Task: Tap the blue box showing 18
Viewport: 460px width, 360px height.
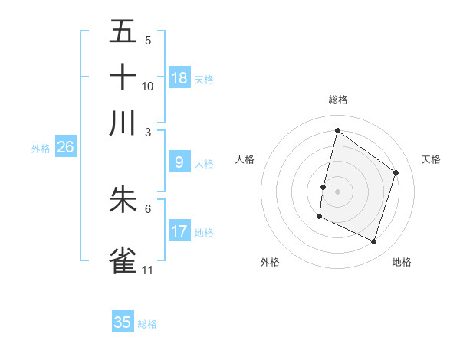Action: [179, 78]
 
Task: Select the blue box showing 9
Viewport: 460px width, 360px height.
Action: [179, 162]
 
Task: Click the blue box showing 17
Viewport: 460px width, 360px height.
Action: [179, 231]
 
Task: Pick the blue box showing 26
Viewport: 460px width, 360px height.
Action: [65, 148]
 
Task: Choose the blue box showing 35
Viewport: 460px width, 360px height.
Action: [123, 322]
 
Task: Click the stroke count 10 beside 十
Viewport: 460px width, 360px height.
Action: [148, 86]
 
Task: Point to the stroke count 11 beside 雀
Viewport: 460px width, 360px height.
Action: [147, 270]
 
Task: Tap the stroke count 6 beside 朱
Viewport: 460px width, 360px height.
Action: [147, 208]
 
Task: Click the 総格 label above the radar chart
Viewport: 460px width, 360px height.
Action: [338, 100]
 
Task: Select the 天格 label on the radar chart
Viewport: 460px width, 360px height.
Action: [431, 159]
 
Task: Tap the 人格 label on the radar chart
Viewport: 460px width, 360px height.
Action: [245, 159]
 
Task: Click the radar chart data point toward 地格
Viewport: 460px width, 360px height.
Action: [373, 242]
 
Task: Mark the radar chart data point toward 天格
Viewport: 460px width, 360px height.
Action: [396, 172]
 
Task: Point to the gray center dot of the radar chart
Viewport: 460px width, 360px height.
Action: [338, 191]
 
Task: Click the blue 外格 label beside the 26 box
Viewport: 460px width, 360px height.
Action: [41, 149]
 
